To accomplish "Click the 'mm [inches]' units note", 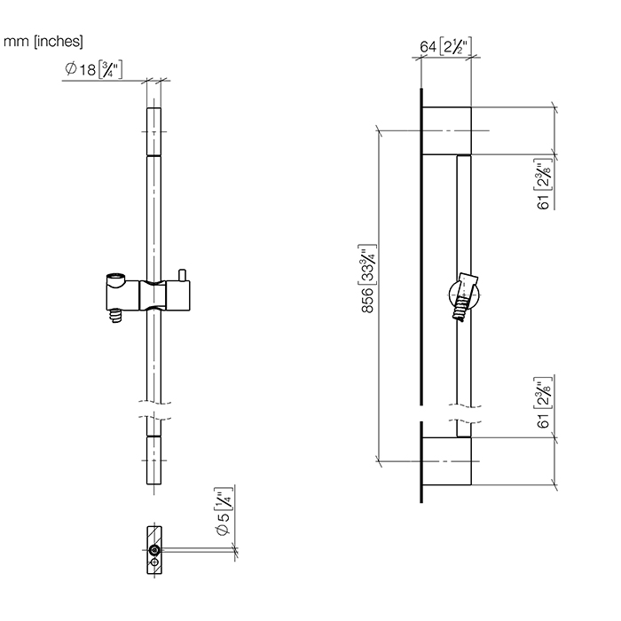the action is pyautogui.click(x=43, y=41).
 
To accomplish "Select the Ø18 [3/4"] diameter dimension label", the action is pyautogui.click(x=93, y=69).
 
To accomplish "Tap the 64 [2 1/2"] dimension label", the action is pyautogui.click(x=445, y=46).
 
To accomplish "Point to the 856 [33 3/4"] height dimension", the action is pyautogui.click(x=368, y=279).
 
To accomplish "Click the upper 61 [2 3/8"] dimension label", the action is pyautogui.click(x=544, y=184).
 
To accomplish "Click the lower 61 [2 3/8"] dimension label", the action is pyautogui.click(x=544, y=402).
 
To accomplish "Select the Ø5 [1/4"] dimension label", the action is pyautogui.click(x=224, y=511).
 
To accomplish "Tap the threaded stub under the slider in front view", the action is pyautogui.click(x=115, y=316).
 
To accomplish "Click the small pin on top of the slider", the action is pyautogui.click(x=182, y=275).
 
